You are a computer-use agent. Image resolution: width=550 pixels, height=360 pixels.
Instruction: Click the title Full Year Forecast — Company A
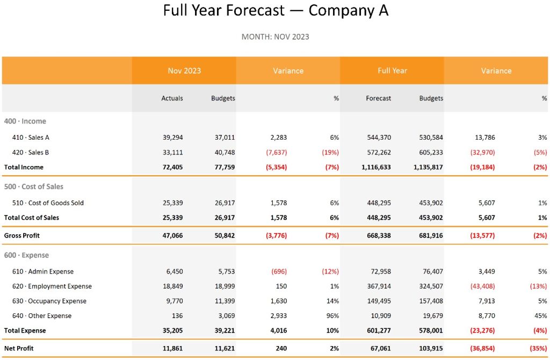(x=275, y=11)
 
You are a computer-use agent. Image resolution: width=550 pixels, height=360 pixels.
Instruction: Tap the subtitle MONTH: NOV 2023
(x=275, y=37)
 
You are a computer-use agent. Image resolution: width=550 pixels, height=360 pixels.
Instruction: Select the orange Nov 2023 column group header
(x=184, y=71)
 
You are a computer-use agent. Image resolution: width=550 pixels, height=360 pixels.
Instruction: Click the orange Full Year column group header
(x=392, y=71)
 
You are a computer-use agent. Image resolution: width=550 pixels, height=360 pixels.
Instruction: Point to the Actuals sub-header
(x=172, y=98)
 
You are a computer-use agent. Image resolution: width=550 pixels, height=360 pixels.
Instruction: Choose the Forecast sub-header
(x=378, y=98)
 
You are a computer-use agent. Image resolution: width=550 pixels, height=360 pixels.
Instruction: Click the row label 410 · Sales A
(x=31, y=138)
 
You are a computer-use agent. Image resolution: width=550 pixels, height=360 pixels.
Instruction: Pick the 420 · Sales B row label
(x=31, y=153)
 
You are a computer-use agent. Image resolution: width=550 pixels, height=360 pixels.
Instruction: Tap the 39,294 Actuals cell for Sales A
(x=173, y=138)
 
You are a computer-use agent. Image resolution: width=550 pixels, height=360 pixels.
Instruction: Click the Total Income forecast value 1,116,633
(x=373, y=167)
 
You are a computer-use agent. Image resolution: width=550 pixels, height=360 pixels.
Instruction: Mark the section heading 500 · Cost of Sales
(x=33, y=187)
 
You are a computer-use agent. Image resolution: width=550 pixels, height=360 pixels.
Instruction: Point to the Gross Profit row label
(x=22, y=235)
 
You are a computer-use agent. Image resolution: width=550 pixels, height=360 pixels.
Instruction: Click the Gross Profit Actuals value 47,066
(x=173, y=235)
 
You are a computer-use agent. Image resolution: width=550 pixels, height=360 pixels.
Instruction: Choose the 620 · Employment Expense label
(x=52, y=286)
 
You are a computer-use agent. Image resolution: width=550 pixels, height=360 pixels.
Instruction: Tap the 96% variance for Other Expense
(x=332, y=316)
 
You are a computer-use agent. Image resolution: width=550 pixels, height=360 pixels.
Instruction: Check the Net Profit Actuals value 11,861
(x=173, y=349)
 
